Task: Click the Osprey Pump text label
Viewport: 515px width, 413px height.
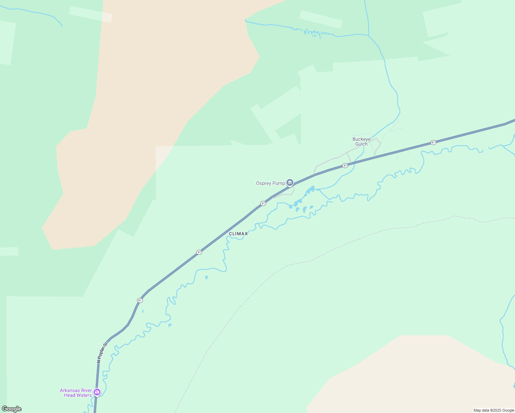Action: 270,183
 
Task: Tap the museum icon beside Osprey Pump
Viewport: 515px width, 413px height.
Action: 290,182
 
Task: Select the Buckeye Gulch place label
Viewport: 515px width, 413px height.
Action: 361,142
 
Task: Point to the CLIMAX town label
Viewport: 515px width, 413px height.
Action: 238,234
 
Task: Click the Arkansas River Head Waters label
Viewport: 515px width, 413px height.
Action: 76,393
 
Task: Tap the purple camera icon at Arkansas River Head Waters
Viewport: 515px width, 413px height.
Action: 97,392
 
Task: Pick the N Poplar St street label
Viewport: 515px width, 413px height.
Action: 102,352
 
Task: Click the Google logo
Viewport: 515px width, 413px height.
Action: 12,409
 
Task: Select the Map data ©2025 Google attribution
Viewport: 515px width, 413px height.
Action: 494,410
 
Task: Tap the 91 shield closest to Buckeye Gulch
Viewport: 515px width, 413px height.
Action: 345,166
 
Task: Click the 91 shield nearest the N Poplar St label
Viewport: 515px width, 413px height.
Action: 139,300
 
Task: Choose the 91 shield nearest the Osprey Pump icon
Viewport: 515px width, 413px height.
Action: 263,203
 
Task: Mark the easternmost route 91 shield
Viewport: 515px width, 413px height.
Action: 433,142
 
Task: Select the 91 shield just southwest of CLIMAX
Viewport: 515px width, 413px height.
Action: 199,252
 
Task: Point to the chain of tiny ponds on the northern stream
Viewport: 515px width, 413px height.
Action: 312,33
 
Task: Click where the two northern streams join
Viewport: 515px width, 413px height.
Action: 368,35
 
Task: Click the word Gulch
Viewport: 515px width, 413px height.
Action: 361,144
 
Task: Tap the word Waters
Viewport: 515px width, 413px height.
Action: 84,395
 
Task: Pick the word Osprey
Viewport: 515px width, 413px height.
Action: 263,183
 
